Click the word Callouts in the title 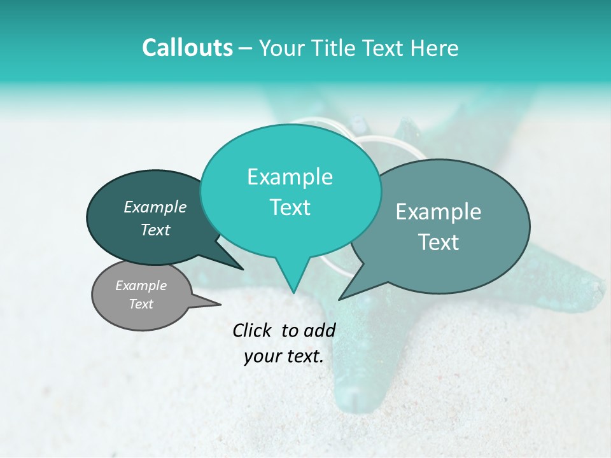[187, 48]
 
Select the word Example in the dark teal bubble [155, 207]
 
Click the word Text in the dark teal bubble [155, 230]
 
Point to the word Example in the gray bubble [141, 286]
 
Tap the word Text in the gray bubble [141, 304]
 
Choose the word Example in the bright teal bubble [290, 177]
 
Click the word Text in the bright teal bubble [290, 207]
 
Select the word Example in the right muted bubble [439, 212]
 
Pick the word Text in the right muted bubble [439, 242]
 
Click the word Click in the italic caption [252, 330]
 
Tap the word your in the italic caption [261, 357]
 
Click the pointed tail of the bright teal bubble [293, 291]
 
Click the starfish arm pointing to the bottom [360, 382]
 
